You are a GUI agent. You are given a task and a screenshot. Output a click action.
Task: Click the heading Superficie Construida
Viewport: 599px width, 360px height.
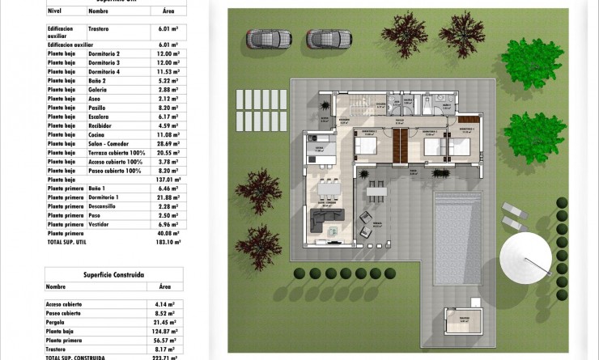click(113, 275)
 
